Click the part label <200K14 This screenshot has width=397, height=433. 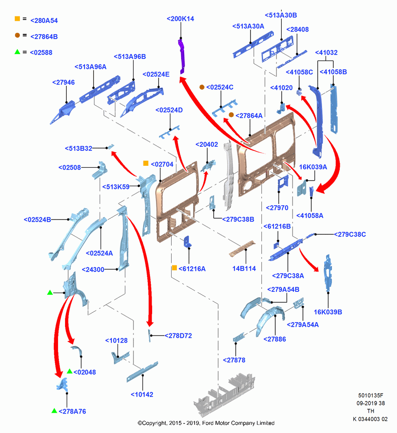pyautogui.click(x=180, y=19)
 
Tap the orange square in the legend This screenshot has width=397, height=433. pyautogui.click(x=17, y=19)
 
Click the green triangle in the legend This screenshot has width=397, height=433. pyautogui.click(x=17, y=52)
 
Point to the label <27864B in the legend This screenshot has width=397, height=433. pyautogui.click(x=44, y=37)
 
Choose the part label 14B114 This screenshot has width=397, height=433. pyautogui.click(x=244, y=268)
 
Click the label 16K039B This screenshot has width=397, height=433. pyautogui.click(x=328, y=312)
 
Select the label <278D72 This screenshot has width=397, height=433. pyautogui.click(x=178, y=336)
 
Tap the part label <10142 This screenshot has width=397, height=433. pyautogui.click(x=142, y=394)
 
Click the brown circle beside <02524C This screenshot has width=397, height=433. pyautogui.click(x=202, y=87)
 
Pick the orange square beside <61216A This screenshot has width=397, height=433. pyautogui.click(x=175, y=268)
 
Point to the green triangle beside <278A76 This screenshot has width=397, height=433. pyautogui.click(x=54, y=410)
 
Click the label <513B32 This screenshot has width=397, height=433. pyautogui.click(x=78, y=148)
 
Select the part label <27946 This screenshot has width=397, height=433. pyautogui.click(x=64, y=82)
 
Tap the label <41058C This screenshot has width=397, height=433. pyautogui.click(x=299, y=72)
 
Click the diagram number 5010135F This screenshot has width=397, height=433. pyautogui.click(x=371, y=395)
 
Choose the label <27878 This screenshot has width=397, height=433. pyautogui.click(x=234, y=360)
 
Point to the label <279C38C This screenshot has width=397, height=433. pyautogui.click(x=350, y=234)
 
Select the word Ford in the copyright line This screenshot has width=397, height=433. pyautogui.click(x=208, y=423)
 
